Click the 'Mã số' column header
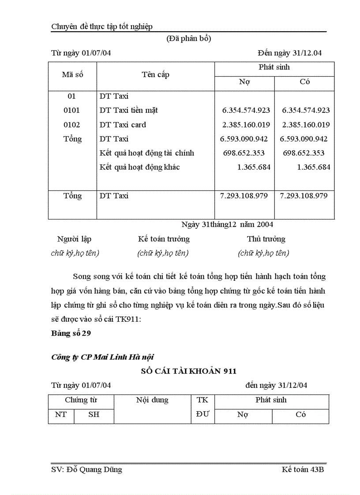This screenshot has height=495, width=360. [72, 74]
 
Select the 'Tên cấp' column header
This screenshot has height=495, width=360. [155, 74]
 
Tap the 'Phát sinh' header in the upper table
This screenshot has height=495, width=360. [274, 67]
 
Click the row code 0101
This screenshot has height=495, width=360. [72, 110]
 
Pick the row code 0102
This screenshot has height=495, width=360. [72, 125]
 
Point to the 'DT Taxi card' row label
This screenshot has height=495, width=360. [123, 125]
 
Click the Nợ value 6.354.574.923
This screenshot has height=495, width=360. [246, 110]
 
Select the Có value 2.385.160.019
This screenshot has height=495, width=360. [306, 125]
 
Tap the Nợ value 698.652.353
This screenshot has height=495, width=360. [247, 153]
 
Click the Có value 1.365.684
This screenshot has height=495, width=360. [313, 167]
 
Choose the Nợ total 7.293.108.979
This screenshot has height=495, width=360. [244, 195]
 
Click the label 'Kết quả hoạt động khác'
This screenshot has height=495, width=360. [139, 167]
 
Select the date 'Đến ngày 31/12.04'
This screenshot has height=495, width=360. [290, 53]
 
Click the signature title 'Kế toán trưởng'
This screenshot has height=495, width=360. [164, 239]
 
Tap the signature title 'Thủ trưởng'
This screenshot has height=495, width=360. [266, 239]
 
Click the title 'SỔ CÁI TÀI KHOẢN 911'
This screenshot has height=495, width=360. [188, 371]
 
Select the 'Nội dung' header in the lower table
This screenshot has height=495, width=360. [152, 400]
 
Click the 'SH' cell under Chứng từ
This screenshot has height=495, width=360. [94, 415]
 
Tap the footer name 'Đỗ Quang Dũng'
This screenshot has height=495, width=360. [94, 469]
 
